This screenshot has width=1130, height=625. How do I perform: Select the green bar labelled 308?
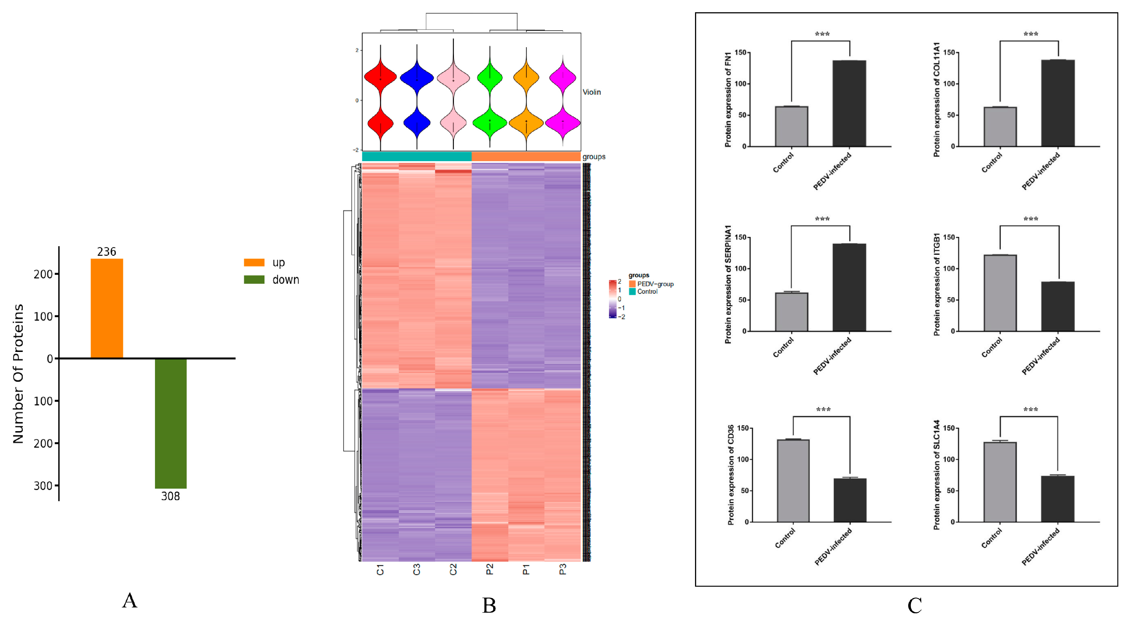[170, 423]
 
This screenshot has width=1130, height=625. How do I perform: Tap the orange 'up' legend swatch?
[254, 262]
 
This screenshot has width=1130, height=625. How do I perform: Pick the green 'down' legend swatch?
[254, 279]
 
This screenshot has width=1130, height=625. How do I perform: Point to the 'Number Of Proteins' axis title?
[18, 374]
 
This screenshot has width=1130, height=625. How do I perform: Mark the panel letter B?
[489, 606]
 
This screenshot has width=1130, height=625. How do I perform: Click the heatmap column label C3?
[417, 569]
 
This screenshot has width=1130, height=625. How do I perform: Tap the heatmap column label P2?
[489, 569]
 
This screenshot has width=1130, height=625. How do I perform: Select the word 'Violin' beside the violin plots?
[591, 92]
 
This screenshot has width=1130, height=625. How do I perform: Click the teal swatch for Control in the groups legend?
[632, 292]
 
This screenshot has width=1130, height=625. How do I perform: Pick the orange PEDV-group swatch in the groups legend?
[632, 284]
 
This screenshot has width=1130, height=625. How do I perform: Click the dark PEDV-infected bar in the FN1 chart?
[849, 104]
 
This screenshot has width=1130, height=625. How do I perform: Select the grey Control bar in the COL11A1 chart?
[1000, 127]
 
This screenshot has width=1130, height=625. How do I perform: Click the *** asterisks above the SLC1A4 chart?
[1030, 410]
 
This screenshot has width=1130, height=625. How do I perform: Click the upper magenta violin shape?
[563, 77]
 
